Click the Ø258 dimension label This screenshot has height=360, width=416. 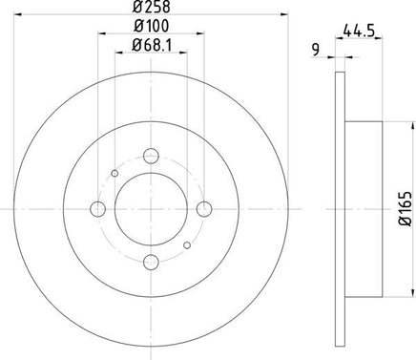click(x=151, y=7)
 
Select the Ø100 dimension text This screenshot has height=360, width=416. click(x=151, y=26)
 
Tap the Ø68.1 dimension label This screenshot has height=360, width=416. click(x=152, y=46)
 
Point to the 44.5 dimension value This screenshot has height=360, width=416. click(x=359, y=32)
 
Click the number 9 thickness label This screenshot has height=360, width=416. click(x=316, y=51)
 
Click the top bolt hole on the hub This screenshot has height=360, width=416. click(x=151, y=156)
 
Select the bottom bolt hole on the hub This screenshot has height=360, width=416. click(x=151, y=262)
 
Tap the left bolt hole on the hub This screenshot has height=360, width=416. click(x=98, y=209)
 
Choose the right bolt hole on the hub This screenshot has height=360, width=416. click(x=204, y=209)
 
